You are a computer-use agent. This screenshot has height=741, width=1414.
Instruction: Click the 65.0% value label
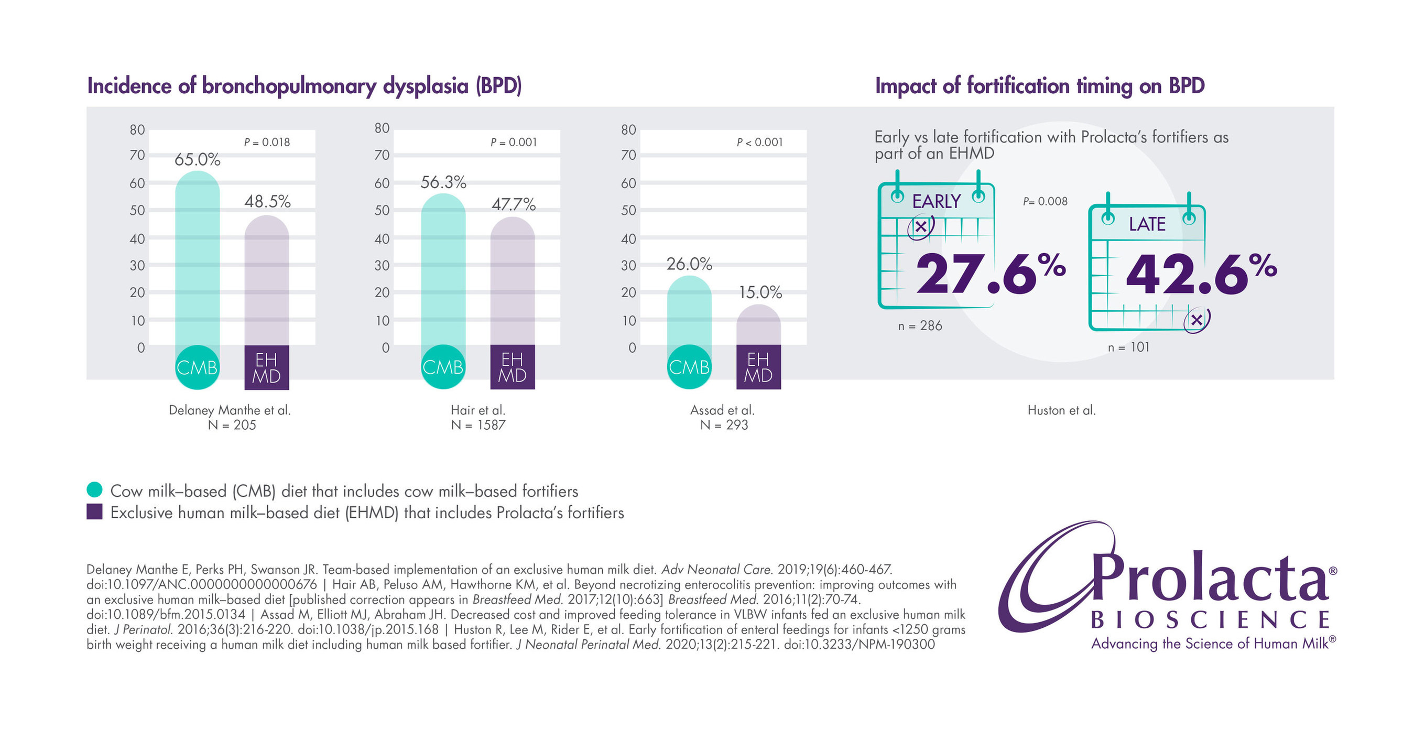197,160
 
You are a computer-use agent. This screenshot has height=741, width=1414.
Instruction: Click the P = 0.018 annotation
267,142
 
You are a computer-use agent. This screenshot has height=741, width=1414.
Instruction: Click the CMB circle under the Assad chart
689,367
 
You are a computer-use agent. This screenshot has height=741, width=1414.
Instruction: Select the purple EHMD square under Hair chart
512,367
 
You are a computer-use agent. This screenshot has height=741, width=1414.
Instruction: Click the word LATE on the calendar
1147,224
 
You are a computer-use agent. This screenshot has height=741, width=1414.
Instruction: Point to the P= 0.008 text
1045,201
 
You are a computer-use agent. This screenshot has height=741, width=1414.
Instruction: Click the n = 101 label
1128,347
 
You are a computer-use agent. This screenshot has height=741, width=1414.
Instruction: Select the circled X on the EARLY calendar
920,227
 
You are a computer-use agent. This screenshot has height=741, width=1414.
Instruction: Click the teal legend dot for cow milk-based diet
94,489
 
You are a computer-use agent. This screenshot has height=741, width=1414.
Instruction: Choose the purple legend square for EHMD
94,511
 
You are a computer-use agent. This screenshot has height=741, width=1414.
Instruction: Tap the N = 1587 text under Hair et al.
477,425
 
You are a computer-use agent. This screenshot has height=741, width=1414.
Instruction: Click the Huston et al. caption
1061,410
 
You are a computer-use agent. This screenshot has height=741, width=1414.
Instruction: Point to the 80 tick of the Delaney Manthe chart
137,129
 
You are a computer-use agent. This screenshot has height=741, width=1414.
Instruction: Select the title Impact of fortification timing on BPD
1039,86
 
